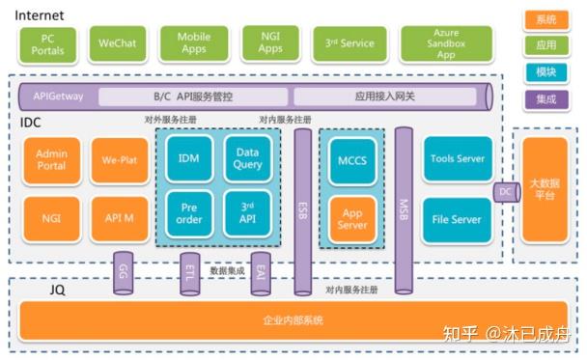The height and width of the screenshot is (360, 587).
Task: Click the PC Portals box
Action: pos(47,44)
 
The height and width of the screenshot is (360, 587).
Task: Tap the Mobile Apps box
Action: pos(193,44)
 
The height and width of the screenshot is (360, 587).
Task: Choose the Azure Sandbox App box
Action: pos(446,44)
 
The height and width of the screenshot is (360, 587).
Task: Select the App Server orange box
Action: pos(351,219)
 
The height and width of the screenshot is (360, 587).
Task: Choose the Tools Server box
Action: pos(457,159)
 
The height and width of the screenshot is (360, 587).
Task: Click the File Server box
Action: pos(457,219)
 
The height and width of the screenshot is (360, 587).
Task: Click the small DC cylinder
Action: pos(504,192)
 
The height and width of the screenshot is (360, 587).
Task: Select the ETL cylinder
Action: pos(190,273)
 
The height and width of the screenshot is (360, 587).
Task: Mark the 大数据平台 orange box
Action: pos(545,189)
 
